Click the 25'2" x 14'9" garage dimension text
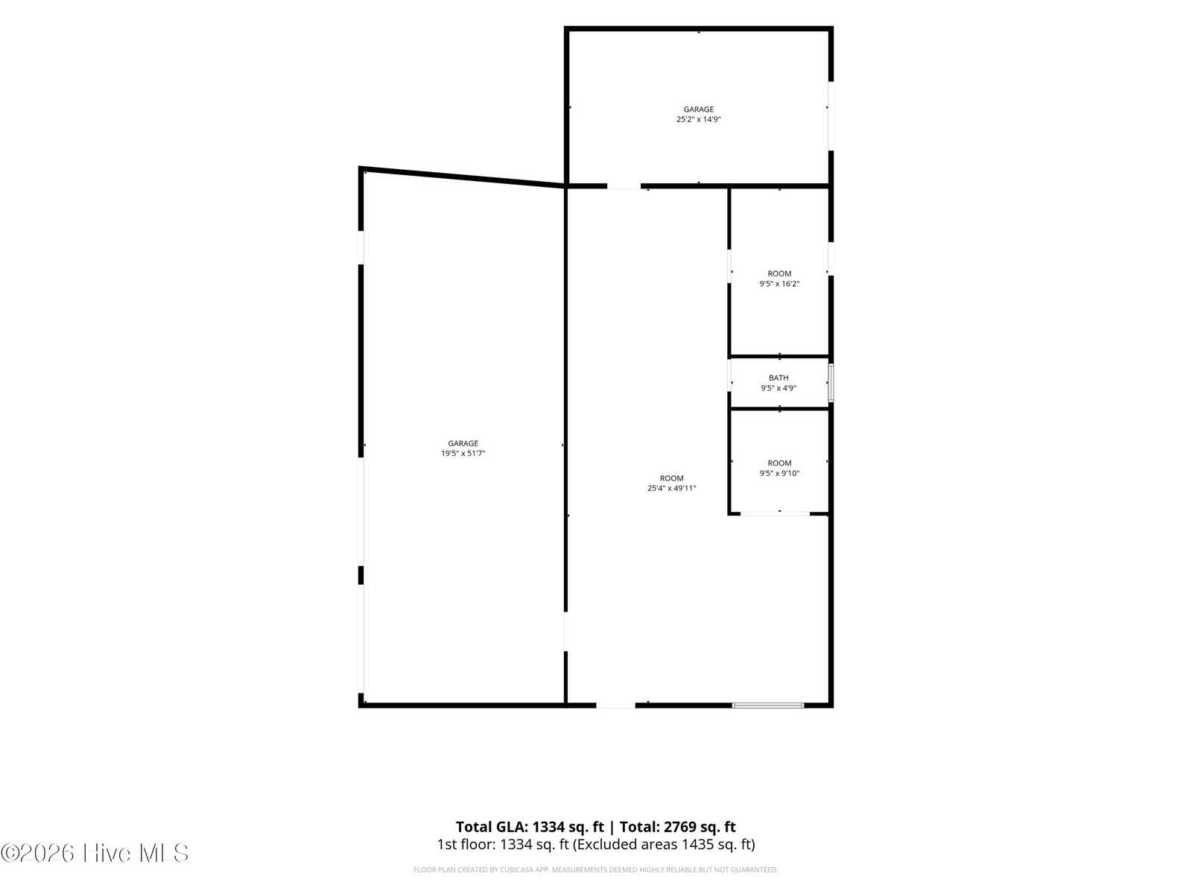tap(698, 119)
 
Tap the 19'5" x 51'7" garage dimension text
tap(463, 453)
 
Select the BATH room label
tap(779, 378)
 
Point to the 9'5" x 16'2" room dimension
tap(779, 284)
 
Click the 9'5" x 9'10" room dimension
tap(779, 473)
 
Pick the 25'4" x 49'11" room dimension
tap(671, 489)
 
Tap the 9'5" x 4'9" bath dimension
tap(779, 388)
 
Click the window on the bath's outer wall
tap(831, 383)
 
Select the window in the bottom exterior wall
tap(768, 705)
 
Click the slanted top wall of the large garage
tap(462, 177)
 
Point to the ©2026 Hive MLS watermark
tap(95, 853)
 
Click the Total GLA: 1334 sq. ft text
tap(530, 827)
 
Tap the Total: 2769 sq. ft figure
tap(678, 827)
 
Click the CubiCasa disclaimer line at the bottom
tap(596, 869)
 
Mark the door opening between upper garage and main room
tap(624, 186)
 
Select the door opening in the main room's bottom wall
tap(615, 705)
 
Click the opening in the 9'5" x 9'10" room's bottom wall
tap(775, 513)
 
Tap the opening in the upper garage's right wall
tap(831, 115)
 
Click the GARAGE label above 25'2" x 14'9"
tap(698, 109)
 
